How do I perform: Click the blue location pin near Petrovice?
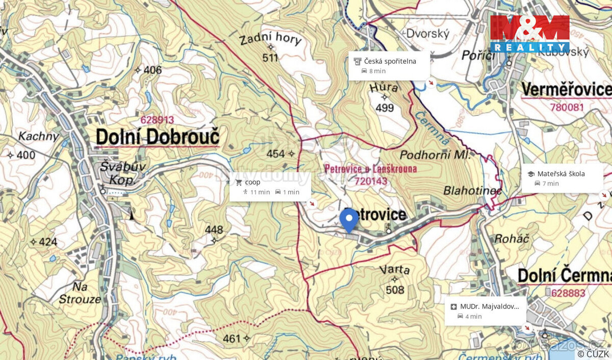tap(349, 220)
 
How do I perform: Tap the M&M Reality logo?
tap(529, 34)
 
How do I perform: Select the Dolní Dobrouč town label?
tap(158, 137)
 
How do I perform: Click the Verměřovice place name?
tap(566, 90)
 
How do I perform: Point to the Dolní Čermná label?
tap(564, 276)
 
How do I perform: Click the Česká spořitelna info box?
tap(389, 66)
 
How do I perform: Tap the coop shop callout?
tap(270, 187)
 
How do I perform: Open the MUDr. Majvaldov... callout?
tap(485, 311)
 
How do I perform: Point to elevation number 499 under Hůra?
tap(385, 108)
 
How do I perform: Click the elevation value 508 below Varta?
tap(395, 290)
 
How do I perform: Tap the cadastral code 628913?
tap(157, 120)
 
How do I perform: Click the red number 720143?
tap(371, 181)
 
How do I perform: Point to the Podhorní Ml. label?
tap(438, 155)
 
